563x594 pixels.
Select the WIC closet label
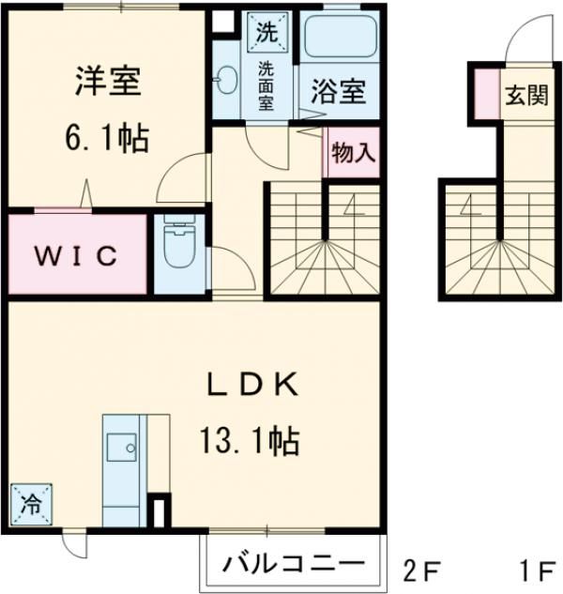point(77,254)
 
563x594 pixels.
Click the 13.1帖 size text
point(249,436)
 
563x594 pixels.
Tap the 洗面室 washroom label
point(267,84)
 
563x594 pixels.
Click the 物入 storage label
point(353,154)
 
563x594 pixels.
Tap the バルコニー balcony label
point(293,564)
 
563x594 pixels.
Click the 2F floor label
point(423,569)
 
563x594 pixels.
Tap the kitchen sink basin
point(121,447)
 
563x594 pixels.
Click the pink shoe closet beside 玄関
point(485,95)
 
